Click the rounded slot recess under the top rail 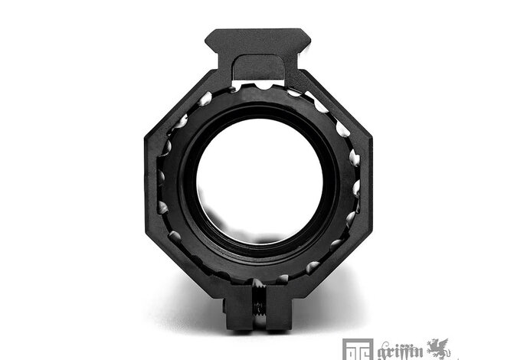(x=258, y=67)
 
